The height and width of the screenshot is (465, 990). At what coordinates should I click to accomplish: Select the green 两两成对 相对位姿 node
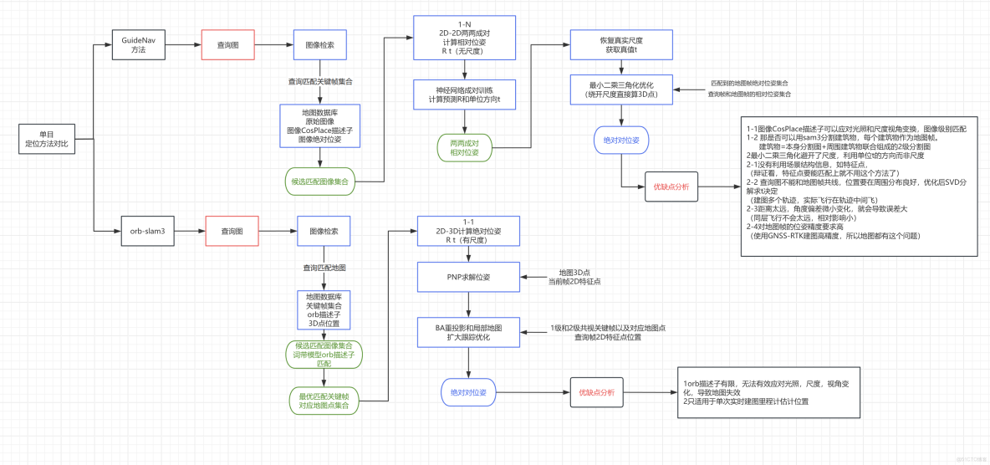click(x=464, y=147)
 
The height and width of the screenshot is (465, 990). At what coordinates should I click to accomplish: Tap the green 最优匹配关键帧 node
click(x=324, y=400)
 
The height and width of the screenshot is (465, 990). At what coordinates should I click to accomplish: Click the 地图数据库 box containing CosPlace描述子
click(x=319, y=125)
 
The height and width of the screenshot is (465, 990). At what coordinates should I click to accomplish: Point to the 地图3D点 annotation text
click(x=575, y=273)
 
